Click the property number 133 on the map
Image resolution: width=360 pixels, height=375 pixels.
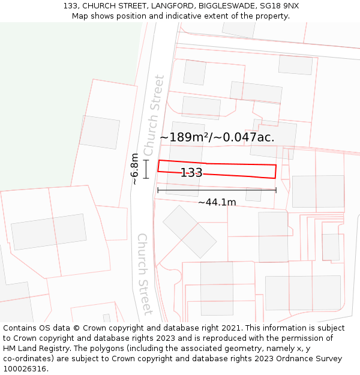coord(191,173)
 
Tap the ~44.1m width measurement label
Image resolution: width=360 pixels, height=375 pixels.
coord(217,202)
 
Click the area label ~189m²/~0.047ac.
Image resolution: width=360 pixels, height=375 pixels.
coord(217,137)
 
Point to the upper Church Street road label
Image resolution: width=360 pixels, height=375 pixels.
coord(154,115)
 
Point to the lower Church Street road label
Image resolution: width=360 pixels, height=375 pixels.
coord(145,274)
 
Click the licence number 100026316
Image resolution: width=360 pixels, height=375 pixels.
coord(25,368)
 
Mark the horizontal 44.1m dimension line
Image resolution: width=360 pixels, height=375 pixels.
coord(217,190)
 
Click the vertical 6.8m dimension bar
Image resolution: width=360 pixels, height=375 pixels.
coord(146,169)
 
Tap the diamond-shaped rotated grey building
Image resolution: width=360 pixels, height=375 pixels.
coord(190,232)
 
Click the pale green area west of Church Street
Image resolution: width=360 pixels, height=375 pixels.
coord(60,90)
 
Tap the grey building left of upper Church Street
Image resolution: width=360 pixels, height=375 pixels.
coord(100,132)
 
